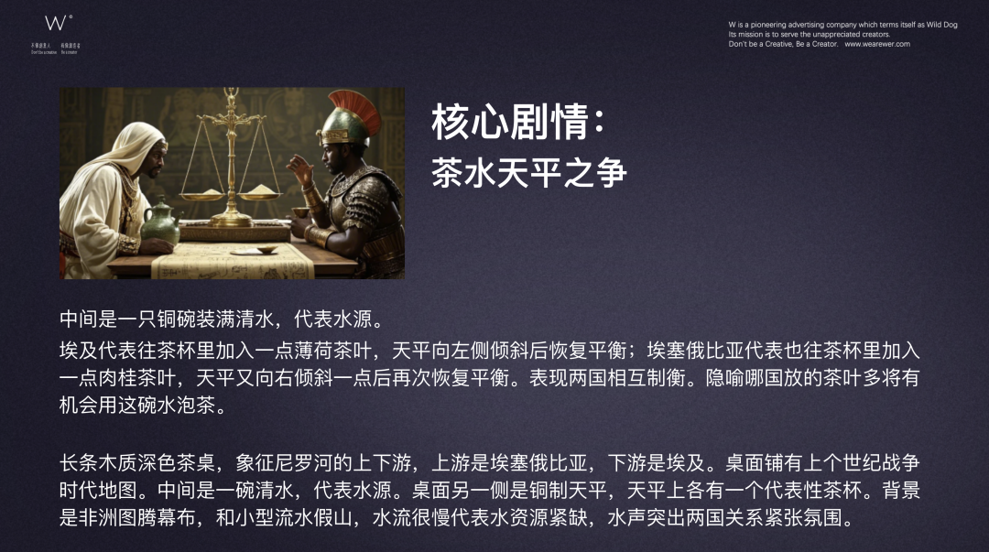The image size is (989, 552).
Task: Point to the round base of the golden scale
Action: [232, 220]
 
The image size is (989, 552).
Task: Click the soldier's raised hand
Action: [296, 168]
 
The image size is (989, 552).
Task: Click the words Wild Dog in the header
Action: [941, 25]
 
